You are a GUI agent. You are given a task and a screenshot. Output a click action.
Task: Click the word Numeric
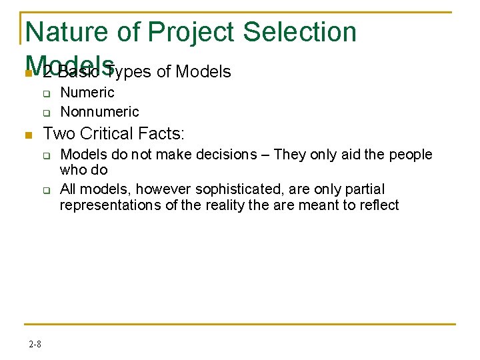point(87,93)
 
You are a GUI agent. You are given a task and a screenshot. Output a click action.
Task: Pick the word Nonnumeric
point(99,111)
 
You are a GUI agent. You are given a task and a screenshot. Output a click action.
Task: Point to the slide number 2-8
point(35,344)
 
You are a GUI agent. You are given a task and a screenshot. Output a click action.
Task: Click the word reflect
point(377,205)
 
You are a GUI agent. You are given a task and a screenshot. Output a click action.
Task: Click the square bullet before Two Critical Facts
point(28,135)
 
